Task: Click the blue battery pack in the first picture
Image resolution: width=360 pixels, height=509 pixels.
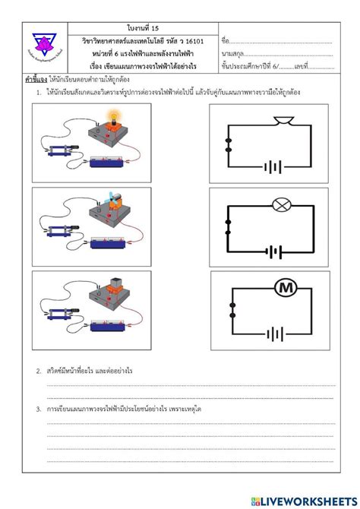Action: (111, 160)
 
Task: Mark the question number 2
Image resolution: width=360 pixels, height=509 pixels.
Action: (38, 371)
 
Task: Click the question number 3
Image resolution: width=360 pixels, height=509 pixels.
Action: (38, 409)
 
